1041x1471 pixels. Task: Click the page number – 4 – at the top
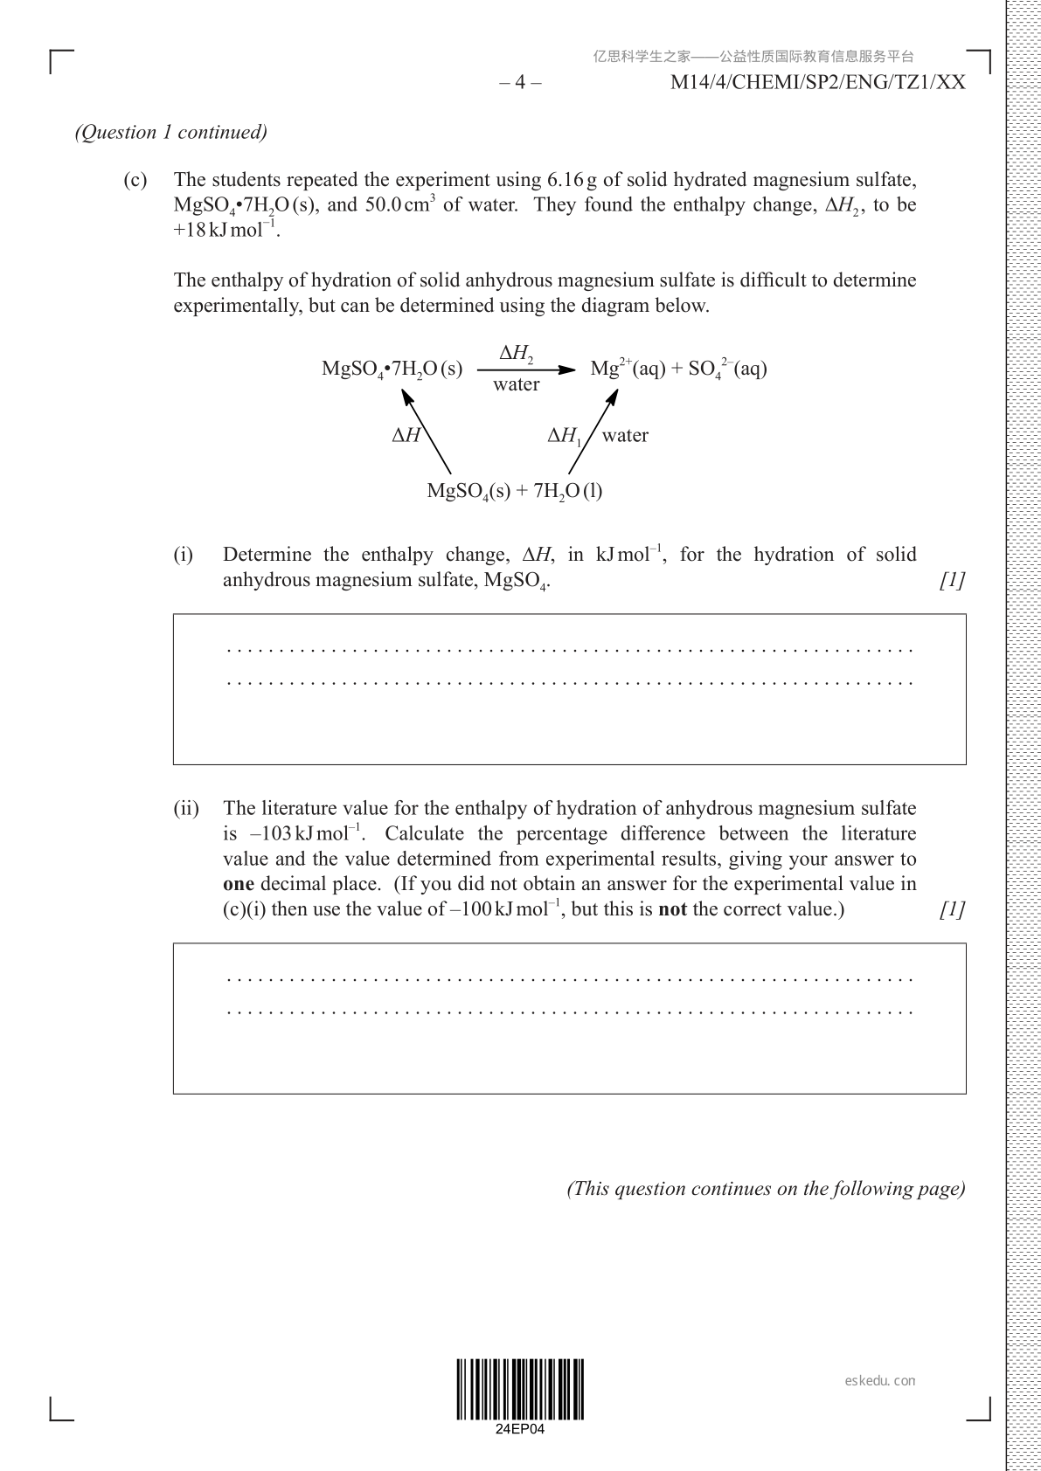click(x=520, y=82)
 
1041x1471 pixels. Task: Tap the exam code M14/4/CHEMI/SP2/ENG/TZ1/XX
click(x=817, y=82)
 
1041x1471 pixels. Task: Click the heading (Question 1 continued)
click(x=171, y=132)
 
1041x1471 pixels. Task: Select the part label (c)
click(x=135, y=180)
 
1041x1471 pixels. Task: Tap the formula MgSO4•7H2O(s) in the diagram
click(x=392, y=369)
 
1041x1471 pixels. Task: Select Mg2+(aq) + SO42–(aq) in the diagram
click(x=678, y=369)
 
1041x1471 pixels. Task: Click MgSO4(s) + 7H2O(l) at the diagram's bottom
click(x=514, y=491)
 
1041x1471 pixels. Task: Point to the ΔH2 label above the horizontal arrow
click(x=517, y=354)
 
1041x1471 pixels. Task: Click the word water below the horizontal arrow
click(x=517, y=384)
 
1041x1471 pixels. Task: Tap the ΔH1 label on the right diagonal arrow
click(x=565, y=436)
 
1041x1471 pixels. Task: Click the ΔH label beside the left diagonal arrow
click(x=406, y=435)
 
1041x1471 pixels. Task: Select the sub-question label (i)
click(x=183, y=555)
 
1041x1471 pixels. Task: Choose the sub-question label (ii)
click(x=186, y=808)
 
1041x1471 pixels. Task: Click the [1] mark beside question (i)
click(x=952, y=580)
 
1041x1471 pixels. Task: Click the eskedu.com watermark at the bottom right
click(x=880, y=1381)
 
